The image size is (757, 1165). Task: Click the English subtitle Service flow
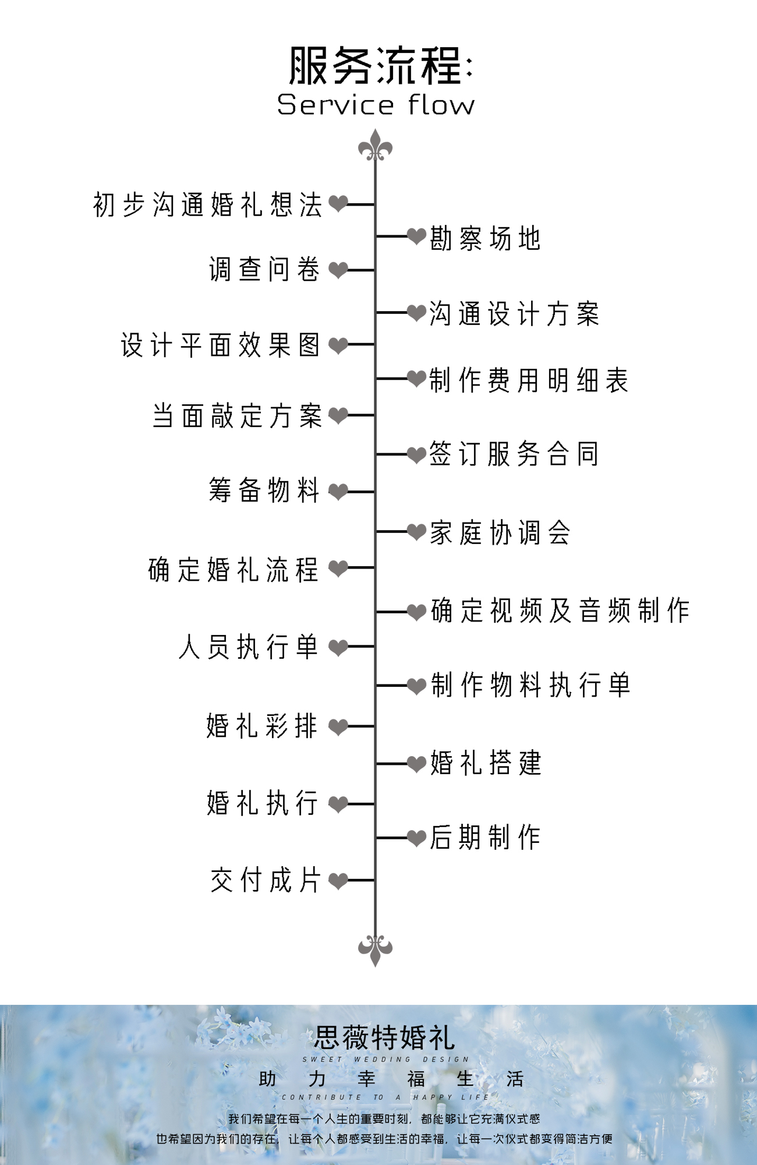pos(376,105)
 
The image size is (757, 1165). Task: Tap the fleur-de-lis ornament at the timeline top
pos(375,147)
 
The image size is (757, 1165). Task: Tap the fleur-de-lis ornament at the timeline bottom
pos(375,948)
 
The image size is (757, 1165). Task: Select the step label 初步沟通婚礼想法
pos(207,205)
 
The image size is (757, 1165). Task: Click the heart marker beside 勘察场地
pos(416,236)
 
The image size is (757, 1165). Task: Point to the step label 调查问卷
pos(264,270)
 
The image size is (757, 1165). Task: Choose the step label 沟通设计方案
pos(514,314)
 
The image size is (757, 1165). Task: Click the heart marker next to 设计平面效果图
pos(338,345)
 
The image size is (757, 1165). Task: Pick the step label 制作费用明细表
pos(529,380)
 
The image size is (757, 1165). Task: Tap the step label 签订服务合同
pos(514,454)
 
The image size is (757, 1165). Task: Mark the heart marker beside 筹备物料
pos(338,492)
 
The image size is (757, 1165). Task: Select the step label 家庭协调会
pos(500,532)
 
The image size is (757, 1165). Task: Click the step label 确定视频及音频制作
pos(560,611)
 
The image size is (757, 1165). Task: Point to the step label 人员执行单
pos(249,647)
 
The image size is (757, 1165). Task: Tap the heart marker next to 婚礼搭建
pos(416,764)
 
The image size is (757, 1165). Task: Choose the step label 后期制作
pos(485,838)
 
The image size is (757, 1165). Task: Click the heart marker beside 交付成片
pos(338,880)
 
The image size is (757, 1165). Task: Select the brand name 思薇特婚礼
pos(384,1037)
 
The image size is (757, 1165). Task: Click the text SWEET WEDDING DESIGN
pos(385,1060)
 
